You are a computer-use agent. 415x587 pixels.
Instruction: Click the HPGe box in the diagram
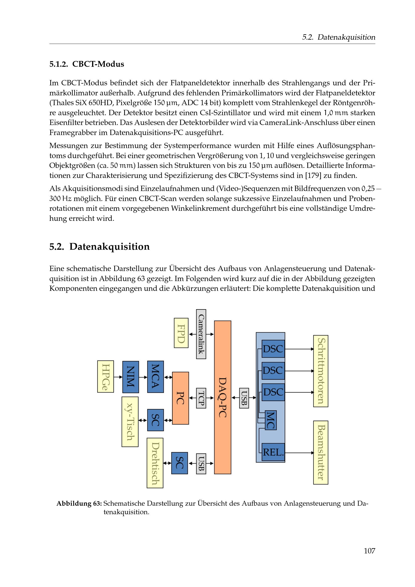(x=106, y=376)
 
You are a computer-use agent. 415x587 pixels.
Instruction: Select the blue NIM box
(x=130, y=377)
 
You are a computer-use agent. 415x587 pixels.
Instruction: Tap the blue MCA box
(x=155, y=377)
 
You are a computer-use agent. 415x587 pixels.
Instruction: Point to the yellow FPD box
(x=181, y=333)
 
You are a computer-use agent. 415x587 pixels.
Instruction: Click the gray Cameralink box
(x=201, y=334)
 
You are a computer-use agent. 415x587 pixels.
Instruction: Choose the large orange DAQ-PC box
(x=223, y=397)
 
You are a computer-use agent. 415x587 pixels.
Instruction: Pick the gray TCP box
(x=201, y=398)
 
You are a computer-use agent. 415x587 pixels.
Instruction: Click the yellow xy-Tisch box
(x=130, y=422)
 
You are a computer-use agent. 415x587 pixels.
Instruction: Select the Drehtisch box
(x=155, y=463)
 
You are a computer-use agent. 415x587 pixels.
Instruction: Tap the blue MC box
(x=271, y=420)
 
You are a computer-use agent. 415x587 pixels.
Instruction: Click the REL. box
(x=273, y=452)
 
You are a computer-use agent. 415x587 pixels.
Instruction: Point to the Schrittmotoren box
(x=320, y=371)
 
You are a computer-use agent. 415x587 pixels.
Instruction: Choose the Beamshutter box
(x=320, y=452)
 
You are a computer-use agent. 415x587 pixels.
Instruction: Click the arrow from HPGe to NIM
(x=118, y=377)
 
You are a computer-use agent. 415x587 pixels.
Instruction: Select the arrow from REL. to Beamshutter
(x=299, y=453)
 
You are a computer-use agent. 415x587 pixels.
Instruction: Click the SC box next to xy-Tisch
(x=155, y=420)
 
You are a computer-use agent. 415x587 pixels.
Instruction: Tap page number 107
(x=369, y=551)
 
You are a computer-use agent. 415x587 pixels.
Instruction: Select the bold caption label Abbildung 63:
(x=79, y=503)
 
